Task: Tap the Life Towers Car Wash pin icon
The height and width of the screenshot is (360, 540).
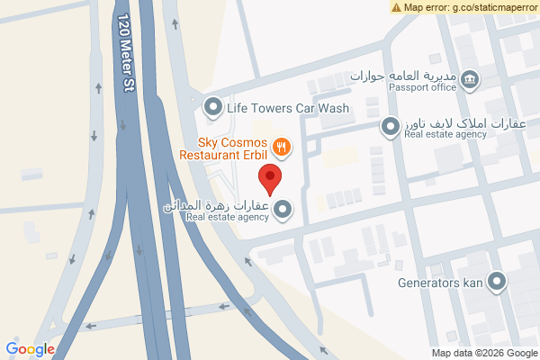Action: [x=213, y=108]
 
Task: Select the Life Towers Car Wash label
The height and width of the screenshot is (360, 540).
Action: [x=287, y=109]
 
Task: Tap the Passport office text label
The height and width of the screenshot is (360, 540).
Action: [x=423, y=87]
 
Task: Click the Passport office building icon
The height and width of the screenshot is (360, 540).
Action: [x=469, y=81]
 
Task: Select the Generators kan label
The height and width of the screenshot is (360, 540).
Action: [x=439, y=282]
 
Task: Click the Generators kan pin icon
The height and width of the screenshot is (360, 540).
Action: [x=496, y=282]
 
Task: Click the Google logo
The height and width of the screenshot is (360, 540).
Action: [x=30, y=349]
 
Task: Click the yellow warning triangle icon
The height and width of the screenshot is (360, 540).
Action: [x=397, y=7]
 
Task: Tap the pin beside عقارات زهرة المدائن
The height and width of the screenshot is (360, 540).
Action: [x=283, y=211]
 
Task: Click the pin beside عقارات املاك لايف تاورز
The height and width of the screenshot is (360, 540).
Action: [x=391, y=128]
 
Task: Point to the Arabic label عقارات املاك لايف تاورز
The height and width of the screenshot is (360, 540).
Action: [x=445, y=123]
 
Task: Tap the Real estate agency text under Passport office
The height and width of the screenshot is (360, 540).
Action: [x=445, y=135]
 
